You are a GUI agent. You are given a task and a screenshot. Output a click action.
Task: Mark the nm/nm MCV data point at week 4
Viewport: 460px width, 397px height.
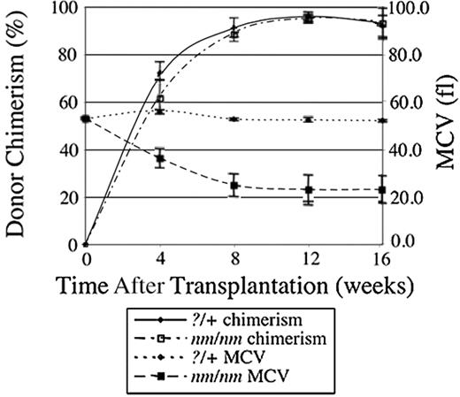pyautogui.click(x=159, y=159)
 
